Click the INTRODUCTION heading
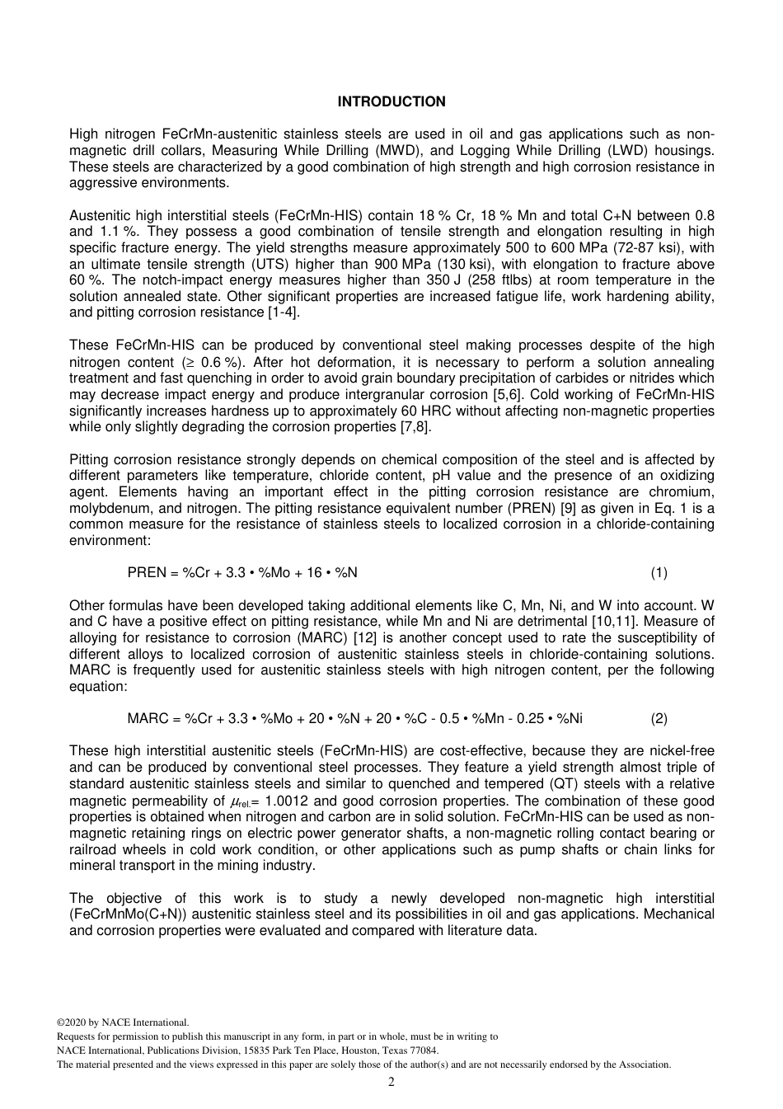tap(391, 101)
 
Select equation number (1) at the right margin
tap(659, 572)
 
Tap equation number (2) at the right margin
tap(659, 718)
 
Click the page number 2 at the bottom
tap(391, 1082)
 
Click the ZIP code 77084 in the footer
tap(425, 1050)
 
